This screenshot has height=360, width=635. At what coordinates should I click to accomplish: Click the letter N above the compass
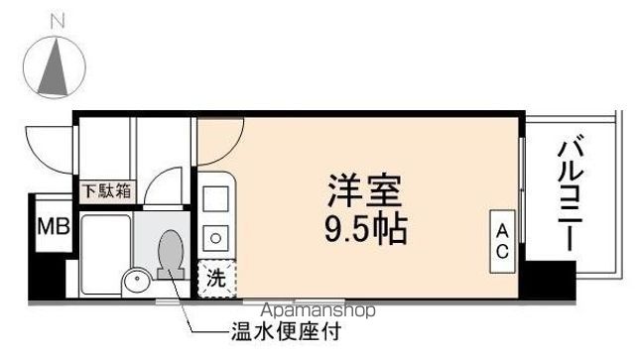point(57,19)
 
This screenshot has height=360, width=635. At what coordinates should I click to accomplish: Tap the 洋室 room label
point(364,189)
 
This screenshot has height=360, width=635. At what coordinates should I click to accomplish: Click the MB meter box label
point(53,226)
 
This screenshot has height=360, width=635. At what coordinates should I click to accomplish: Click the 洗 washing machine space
point(215,279)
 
